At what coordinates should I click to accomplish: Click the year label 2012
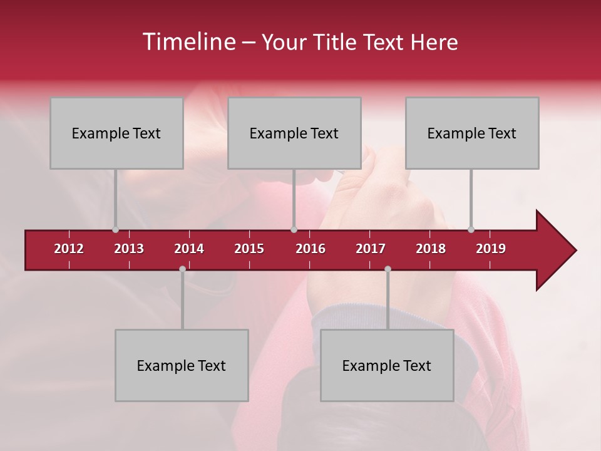point(69,249)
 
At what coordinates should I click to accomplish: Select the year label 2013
point(129,249)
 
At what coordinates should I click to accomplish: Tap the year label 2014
point(189,249)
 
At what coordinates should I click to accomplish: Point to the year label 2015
point(249,249)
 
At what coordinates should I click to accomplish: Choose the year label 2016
point(311,249)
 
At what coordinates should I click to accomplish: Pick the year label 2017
point(371,249)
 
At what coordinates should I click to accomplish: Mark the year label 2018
point(431,249)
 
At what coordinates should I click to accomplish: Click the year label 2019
point(491,249)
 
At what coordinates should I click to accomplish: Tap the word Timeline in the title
point(188,42)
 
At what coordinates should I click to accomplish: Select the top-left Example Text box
point(116,133)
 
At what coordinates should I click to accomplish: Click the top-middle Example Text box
point(294,133)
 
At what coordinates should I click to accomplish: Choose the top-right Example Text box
point(472,133)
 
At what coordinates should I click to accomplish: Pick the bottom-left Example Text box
point(182,365)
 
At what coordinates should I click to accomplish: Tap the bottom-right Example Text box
point(387,365)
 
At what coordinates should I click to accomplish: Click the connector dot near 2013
point(115,230)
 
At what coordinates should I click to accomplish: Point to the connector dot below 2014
point(182,269)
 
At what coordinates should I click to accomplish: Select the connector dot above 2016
point(294,230)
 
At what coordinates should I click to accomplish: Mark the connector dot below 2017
point(388,269)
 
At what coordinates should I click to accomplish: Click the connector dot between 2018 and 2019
point(471,230)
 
